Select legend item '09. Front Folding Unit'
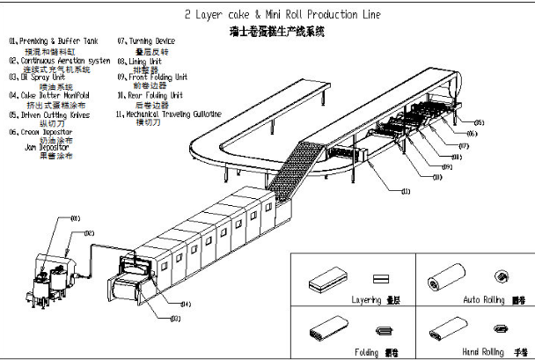pyautogui.click(x=158, y=77)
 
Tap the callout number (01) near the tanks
pyautogui.click(x=76, y=219)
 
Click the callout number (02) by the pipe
pyautogui.click(x=89, y=233)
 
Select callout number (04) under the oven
pyautogui.click(x=186, y=304)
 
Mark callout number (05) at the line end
pyautogui.click(x=479, y=121)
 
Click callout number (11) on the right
pyautogui.click(x=406, y=189)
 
